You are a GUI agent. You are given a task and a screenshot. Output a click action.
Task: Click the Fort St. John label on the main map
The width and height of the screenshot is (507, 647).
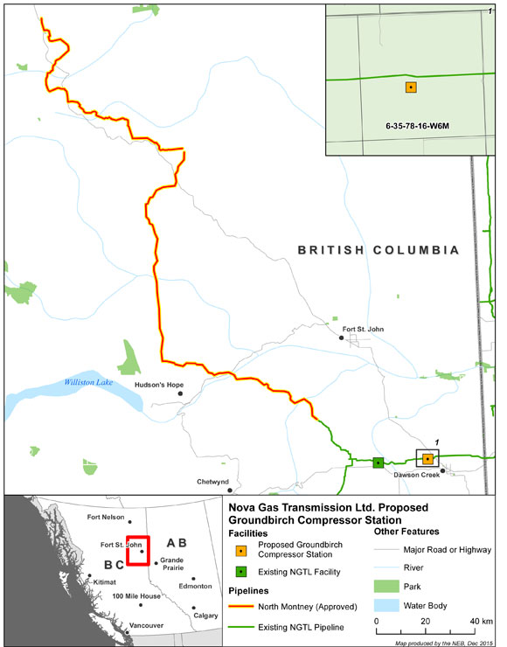(x=364, y=329)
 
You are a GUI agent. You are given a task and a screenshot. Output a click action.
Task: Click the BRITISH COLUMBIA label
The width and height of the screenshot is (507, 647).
(x=378, y=250)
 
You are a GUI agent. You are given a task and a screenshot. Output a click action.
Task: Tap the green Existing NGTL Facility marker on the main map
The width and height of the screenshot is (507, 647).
(x=379, y=463)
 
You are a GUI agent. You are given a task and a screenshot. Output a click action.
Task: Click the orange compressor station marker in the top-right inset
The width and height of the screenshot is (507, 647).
(x=411, y=87)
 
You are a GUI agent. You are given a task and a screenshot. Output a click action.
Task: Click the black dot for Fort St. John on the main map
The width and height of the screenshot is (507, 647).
(x=342, y=337)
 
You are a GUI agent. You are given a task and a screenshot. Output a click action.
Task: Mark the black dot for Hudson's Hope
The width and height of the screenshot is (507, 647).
(x=181, y=393)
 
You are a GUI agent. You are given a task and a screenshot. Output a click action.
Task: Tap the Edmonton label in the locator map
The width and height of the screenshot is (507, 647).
(x=194, y=588)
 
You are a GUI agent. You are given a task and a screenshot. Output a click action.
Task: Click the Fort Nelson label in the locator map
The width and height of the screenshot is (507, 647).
(x=108, y=517)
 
